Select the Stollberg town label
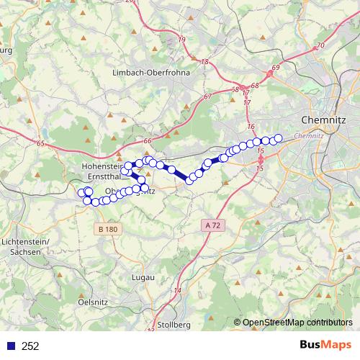(x=174, y=325)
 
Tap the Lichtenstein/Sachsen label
(x=25, y=246)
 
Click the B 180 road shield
(x=107, y=229)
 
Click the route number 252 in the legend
(x=30, y=346)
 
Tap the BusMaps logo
(x=326, y=345)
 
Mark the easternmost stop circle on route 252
(x=278, y=138)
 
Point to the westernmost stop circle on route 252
(x=81, y=192)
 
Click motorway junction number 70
(x=320, y=45)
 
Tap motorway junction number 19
(x=181, y=39)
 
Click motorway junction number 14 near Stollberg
(x=177, y=289)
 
